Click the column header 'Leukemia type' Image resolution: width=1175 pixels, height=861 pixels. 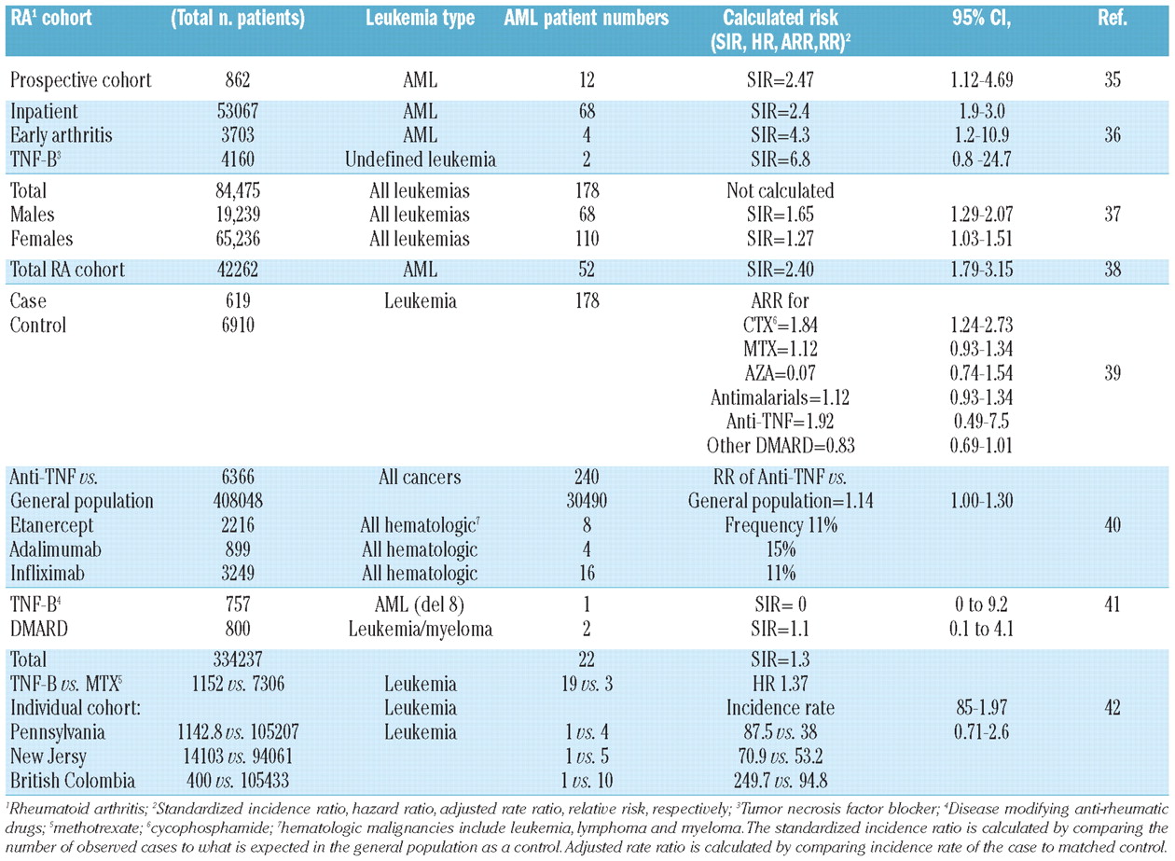[420, 19]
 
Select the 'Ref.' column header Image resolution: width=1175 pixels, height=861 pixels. [1112, 19]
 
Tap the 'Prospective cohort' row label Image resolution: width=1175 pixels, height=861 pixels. [81, 80]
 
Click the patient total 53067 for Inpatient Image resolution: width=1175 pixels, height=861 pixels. [238, 111]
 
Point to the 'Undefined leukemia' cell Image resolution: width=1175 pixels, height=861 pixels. [421, 160]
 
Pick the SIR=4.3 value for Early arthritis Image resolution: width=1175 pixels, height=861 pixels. [780, 135]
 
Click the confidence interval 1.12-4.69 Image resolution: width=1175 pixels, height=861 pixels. [981, 80]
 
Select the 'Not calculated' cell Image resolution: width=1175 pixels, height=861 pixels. [780, 190]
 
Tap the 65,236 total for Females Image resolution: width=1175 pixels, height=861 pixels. [238, 239]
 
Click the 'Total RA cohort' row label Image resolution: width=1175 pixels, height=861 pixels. [67, 270]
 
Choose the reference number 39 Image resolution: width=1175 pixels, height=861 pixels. [1112, 373]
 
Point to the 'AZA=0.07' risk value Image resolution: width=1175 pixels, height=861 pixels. [780, 373]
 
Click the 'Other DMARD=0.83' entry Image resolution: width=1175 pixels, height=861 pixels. [780, 446]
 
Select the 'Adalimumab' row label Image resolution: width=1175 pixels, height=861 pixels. [56, 549]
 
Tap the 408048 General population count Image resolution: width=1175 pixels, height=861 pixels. [238, 501]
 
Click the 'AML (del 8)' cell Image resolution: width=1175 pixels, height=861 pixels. [420, 604]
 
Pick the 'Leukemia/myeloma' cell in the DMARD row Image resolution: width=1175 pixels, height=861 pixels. [421, 629]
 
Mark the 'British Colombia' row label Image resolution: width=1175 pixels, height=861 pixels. [73, 781]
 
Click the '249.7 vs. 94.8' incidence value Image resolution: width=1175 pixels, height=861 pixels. [780, 781]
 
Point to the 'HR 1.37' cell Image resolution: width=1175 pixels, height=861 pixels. [780, 684]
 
